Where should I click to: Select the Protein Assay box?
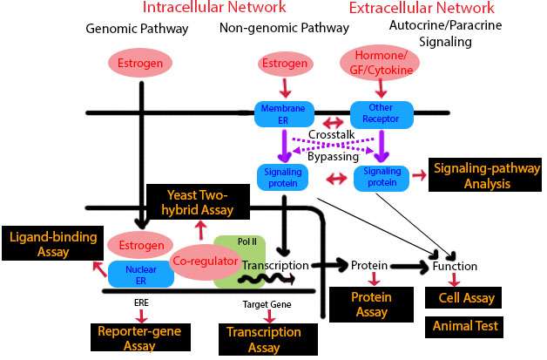tap(370, 304)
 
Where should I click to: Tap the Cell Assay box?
tap(462, 298)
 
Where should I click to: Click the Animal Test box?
tap(462, 327)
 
